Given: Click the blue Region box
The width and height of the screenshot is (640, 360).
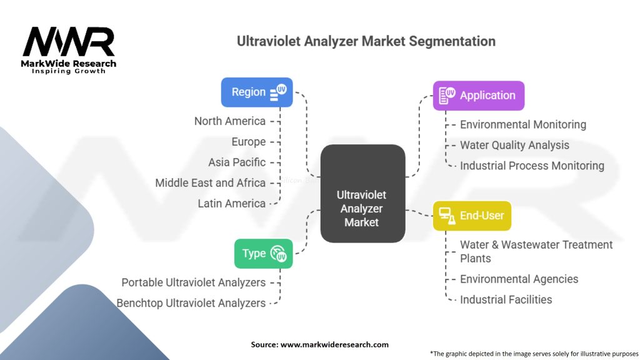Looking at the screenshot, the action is point(257,92).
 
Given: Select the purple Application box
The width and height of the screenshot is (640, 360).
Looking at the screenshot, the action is point(478,96).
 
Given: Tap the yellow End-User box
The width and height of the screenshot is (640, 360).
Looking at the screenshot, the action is point(472,216).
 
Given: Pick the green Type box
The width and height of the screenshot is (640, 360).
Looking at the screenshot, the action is point(263,254).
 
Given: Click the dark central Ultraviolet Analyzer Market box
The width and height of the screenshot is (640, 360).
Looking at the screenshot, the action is point(362,194).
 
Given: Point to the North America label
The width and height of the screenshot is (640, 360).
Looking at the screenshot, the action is point(230,121).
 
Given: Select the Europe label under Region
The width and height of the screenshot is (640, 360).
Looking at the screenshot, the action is point(249,142).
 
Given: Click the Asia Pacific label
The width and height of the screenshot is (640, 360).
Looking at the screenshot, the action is point(237,162).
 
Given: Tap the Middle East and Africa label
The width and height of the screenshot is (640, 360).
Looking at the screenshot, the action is point(210,183).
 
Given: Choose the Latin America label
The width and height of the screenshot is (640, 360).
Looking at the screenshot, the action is point(231,203).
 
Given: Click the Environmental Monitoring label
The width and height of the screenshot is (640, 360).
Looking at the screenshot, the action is point(523,124).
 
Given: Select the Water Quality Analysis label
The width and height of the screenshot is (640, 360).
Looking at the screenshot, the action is point(514,145).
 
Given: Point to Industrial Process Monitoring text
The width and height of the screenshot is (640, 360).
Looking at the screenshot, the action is point(532,166).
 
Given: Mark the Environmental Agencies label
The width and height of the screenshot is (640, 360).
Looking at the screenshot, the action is point(519,279).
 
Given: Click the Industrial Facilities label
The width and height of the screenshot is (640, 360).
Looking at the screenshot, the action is point(506,299).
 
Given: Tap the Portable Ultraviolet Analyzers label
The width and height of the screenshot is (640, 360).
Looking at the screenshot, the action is point(194,282).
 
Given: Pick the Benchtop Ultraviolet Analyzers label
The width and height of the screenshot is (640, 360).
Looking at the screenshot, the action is point(191,303).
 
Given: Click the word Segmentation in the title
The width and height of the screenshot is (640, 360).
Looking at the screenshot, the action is point(452,41).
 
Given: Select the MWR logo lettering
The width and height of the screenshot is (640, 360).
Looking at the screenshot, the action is point(69,41).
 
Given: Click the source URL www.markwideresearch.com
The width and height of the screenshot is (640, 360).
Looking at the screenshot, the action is point(334,344).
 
